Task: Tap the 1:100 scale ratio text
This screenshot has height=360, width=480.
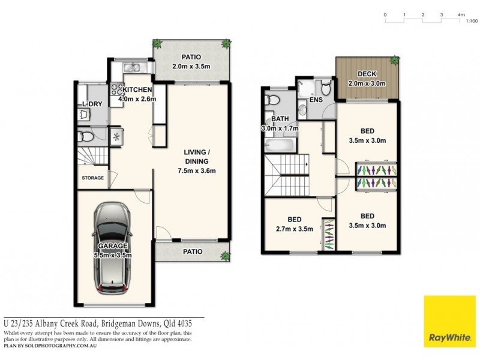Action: (x=471, y=20)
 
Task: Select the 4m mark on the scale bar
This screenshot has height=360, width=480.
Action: (x=461, y=14)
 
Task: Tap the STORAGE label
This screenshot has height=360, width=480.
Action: (x=93, y=178)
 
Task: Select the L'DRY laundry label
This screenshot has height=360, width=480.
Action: (x=91, y=105)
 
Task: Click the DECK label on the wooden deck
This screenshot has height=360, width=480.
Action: (x=367, y=74)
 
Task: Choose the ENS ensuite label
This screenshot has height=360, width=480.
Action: (x=316, y=100)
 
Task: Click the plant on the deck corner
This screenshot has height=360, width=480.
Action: (x=394, y=60)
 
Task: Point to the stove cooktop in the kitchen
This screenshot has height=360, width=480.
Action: (x=117, y=90)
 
